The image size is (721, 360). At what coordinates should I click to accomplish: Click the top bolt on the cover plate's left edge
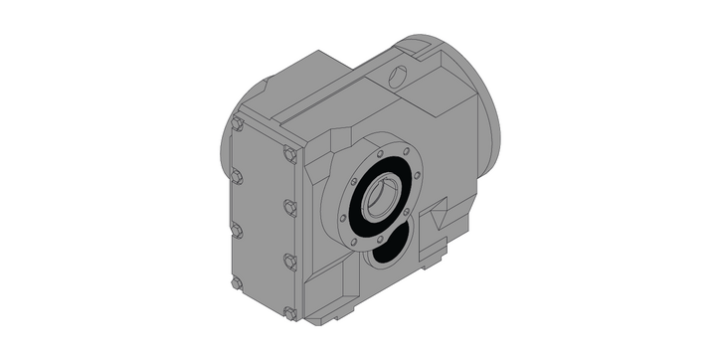click(237, 125)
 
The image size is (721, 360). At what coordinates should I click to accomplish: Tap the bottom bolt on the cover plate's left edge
click(237, 283)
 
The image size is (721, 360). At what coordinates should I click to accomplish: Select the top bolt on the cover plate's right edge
click(289, 155)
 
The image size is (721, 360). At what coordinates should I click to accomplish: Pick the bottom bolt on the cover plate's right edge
click(290, 313)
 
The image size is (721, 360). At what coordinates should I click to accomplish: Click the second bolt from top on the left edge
click(237, 178)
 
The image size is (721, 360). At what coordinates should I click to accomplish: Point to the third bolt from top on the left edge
click(237, 231)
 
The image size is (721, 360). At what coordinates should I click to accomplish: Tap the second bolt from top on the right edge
click(289, 208)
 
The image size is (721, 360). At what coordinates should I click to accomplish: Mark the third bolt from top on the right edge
click(289, 261)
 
